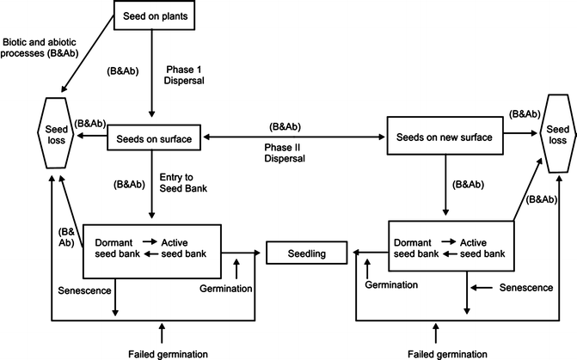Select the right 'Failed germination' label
click(438, 351)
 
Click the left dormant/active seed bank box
click(152, 251)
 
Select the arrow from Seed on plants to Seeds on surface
click(152, 77)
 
